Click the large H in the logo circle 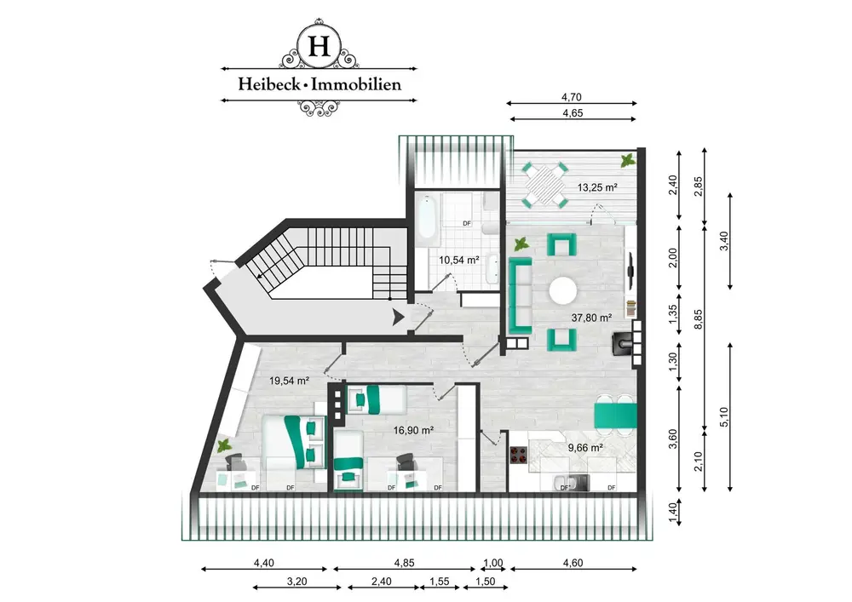(319, 46)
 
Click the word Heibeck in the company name (268, 84)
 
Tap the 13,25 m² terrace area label (597, 188)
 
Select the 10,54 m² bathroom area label (459, 260)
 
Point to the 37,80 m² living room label (592, 318)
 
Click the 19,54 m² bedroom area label (289, 381)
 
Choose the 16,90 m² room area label (413, 431)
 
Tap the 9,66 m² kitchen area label (586, 448)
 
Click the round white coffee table (563, 291)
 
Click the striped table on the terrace (545, 185)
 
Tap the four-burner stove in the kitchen (519, 455)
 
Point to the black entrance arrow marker (398, 317)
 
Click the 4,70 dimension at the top (572, 97)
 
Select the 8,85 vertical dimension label (699, 319)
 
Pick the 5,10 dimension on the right (723, 417)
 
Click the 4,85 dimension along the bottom (404, 563)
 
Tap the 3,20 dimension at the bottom (296, 582)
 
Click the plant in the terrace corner (628, 161)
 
